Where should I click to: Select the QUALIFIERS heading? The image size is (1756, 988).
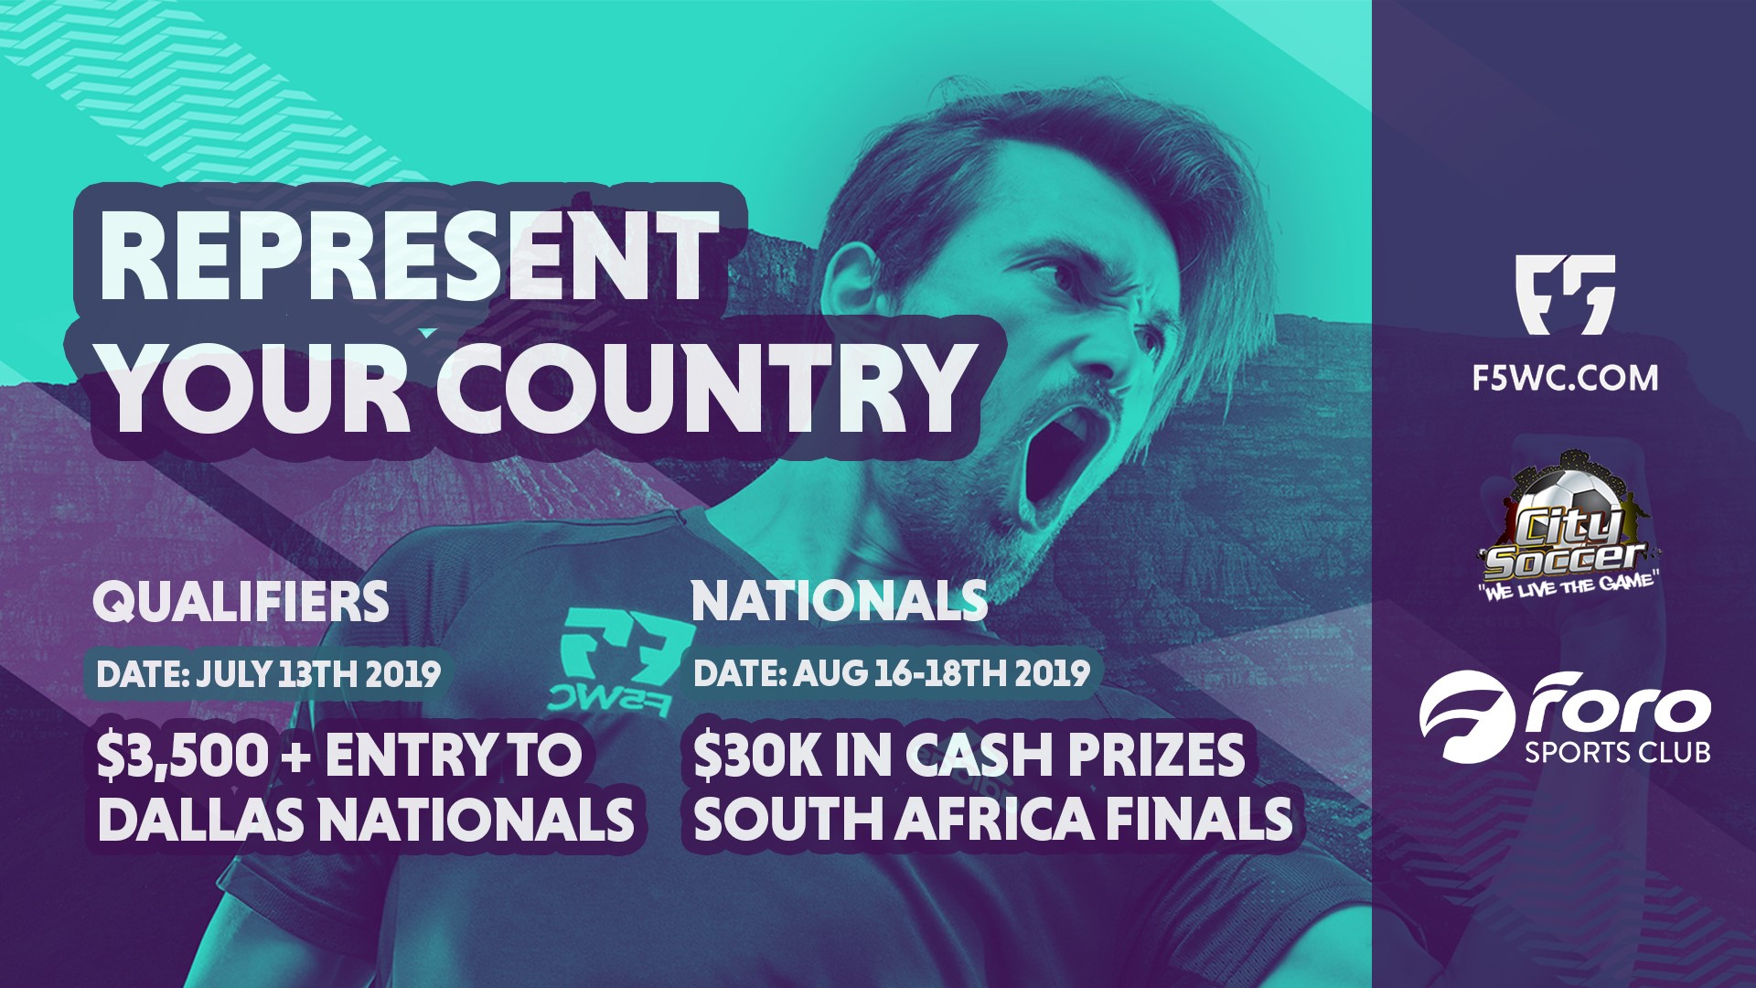[x=241, y=602]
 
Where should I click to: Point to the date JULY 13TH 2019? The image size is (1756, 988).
[x=317, y=674]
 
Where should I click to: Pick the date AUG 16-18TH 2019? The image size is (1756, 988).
[x=941, y=673]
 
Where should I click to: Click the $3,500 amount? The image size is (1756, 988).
[x=184, y=757]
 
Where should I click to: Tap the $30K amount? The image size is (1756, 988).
[x=757, y=756]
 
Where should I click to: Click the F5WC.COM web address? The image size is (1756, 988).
[x=1565, y=378]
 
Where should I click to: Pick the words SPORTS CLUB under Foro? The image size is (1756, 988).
[x=1617, y=753]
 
